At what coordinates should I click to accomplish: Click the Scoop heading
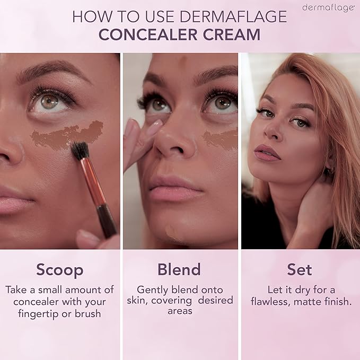[60, 269]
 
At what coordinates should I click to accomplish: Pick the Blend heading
[179, 269]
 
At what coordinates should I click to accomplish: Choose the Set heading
[300, 269]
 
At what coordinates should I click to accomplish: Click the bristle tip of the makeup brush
[80, 150]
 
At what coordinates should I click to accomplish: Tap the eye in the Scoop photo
[50, 101]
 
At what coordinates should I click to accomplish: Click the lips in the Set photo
[267, 153]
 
